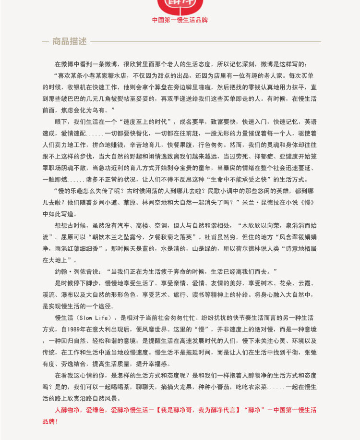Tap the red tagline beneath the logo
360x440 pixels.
(180, 20)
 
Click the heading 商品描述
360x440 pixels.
(69, 41)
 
